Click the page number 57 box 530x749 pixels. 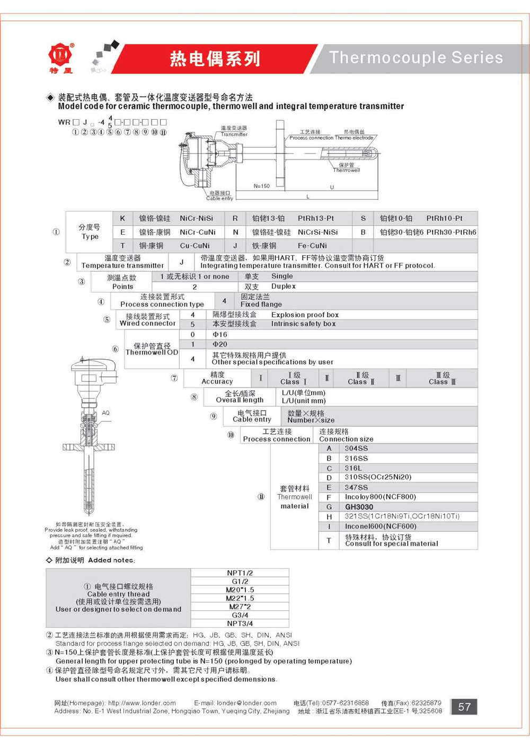pyautogui.click(x=464, y=707)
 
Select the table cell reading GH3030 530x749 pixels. pyautogui.click(x=359, y=507)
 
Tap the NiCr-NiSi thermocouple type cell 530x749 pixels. pyautogui.click(x=196, y=218)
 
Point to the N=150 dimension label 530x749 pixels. pyautogui.click(x=261, y=186)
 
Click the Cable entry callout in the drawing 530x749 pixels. pyautogui.click(x=219, y=196)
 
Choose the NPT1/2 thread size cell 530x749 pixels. pyautogui.click(x=240, y=573)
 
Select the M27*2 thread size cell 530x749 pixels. pyautogui.click(x=240, y=607)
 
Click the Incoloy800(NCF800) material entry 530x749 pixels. pyautogui.click(x=380, y=497)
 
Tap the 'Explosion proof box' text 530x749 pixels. pyautogui.click(x=305, y=315)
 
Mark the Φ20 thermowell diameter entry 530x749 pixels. pyautogui.click(x=220, y=344)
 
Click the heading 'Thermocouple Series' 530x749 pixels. pyautogui.click(x=416, y=57)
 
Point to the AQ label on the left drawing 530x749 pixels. pyautogui.click(x=105, y=413)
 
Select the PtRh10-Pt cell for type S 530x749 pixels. pyautogui.click(x=444, y=218)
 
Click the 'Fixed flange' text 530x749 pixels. pyautogui.click(x=261, y=305)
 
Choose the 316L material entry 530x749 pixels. pyautogui.click(x=353, y=468)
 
